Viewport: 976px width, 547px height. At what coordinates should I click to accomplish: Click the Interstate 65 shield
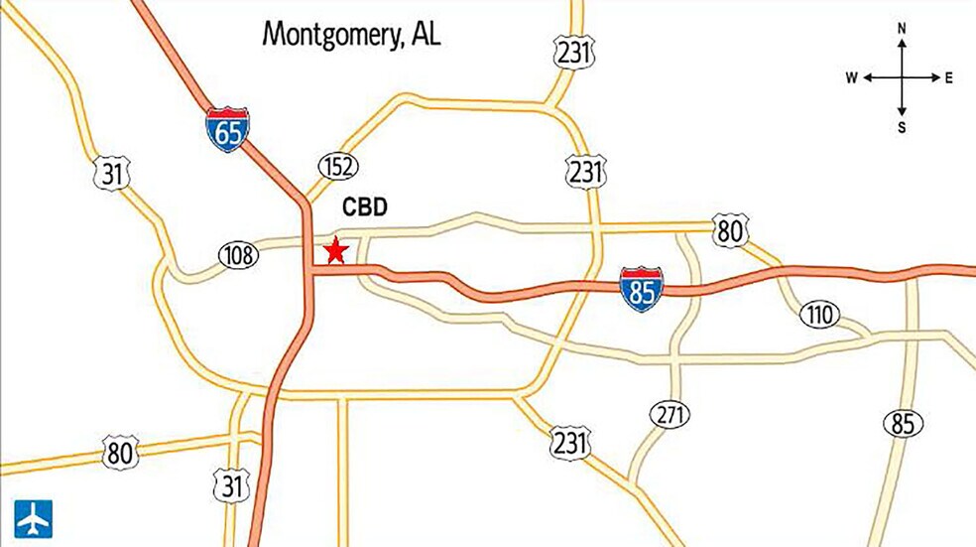point(227,130)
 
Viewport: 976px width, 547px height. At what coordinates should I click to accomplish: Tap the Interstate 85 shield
point(641,289)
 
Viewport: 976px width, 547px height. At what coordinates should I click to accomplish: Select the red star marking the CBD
point(335,250)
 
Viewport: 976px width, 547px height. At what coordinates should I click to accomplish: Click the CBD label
point(364,207)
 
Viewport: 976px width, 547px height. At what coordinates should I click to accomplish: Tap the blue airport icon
point(33,518)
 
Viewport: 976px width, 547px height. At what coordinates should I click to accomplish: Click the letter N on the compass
point(902,29)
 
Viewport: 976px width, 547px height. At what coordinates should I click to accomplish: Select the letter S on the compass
point(902,127)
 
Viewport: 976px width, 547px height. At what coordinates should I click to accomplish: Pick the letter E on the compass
point(949,77)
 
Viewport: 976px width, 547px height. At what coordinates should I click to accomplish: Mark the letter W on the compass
point(852,77)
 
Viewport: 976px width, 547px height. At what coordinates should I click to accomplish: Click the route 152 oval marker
point(338,166)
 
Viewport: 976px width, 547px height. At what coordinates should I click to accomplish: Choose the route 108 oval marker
point(238,255)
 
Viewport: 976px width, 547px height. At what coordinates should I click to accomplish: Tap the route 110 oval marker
point(819,316)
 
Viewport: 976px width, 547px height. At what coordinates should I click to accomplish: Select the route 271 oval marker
point(671,414)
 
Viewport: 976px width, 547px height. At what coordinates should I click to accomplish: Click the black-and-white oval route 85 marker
point(902,424)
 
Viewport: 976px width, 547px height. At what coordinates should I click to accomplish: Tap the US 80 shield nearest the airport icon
point(119,454)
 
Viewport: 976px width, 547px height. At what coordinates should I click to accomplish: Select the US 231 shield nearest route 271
point(570,442)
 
